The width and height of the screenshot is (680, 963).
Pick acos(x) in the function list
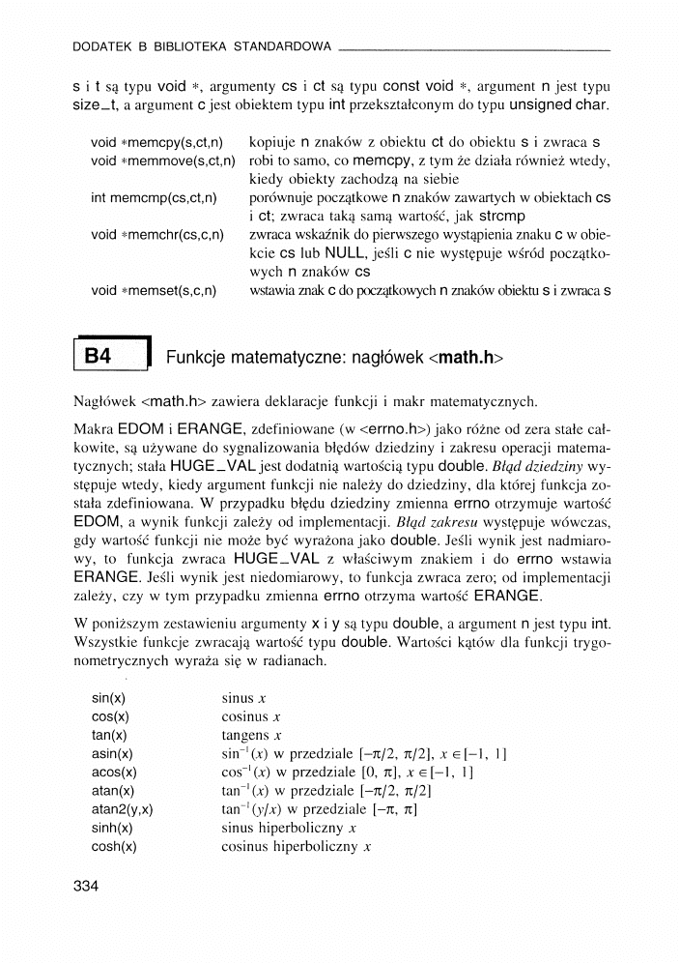point(114,772)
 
